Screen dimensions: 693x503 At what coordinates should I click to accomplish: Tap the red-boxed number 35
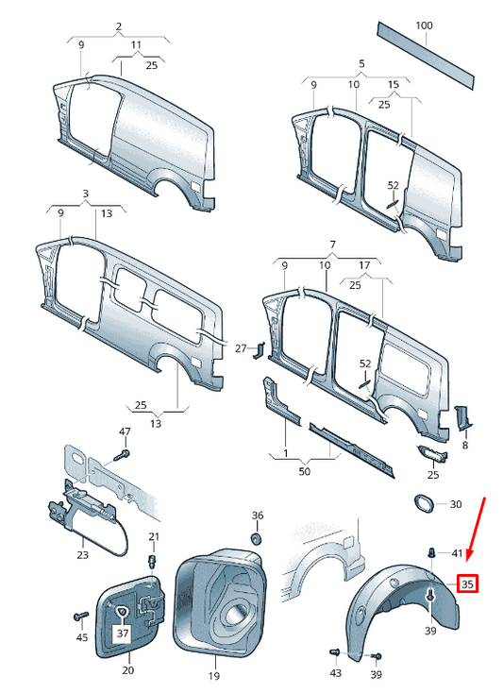click(467, 583)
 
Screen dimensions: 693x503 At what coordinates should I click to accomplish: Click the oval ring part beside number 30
click(424, 504)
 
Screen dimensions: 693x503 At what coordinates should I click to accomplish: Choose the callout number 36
click(258, 516)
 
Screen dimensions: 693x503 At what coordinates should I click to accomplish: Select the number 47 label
click(124, 431)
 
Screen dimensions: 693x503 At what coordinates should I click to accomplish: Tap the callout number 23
click(82, 555)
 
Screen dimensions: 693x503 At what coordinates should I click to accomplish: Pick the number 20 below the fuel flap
click(127, 671)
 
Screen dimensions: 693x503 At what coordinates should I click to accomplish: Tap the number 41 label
click(457, 553)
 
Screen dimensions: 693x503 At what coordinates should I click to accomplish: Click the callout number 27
click(240, 349)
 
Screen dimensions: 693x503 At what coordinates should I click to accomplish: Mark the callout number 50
click(304, 470)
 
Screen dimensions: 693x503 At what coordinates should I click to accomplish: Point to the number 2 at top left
click(119, 26)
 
